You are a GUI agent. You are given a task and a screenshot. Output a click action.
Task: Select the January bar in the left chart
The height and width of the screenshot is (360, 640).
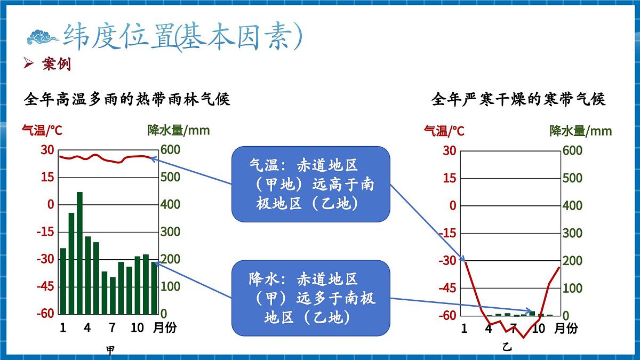click(x=63, y=281)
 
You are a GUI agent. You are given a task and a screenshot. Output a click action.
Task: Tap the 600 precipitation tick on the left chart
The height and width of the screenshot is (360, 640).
click(x=171, y=150)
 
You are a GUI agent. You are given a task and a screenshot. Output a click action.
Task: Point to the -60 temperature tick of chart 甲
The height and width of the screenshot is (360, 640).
click(x=45, y=313)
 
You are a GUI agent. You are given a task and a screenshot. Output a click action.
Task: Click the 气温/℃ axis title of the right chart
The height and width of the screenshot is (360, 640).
click(x=444, y=131)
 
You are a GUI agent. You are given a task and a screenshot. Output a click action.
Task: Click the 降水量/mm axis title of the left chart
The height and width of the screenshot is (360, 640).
click(x=179, y=130)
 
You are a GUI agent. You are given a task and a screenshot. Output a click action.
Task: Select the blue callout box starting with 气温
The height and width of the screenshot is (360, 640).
click(x=311, y=184)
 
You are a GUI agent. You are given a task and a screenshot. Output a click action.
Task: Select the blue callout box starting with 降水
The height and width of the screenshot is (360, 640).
click(x=311, y=298)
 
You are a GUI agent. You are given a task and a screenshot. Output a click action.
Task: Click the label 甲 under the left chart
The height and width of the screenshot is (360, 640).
click(x=110, y=350)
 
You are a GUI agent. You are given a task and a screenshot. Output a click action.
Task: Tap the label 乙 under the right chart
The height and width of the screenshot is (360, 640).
click(x=507, y=347)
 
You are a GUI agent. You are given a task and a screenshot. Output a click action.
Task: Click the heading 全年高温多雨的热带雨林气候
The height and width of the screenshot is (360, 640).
click(x=127, y=99)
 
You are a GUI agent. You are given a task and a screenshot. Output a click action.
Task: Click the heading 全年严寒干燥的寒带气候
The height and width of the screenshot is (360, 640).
click(x=518, y=99)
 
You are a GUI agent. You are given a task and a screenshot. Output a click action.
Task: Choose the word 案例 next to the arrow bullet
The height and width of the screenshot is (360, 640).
click(x=56, y=65)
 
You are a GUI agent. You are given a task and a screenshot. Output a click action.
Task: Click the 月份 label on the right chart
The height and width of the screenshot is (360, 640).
click(x=565, y=328)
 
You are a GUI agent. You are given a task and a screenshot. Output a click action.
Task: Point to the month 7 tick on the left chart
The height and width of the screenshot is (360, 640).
click(x=112, y=327)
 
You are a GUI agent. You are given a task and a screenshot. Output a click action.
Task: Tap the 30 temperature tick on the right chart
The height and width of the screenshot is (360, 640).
click(x=450, y=151)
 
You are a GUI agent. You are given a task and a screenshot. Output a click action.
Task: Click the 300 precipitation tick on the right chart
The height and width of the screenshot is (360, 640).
click(x=572, y=233)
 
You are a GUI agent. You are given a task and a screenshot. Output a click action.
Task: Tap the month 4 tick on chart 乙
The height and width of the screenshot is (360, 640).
click(x=489, y=328)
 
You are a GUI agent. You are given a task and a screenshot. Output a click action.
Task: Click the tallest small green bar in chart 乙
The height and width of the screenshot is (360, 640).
click(x=532, y=313)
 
